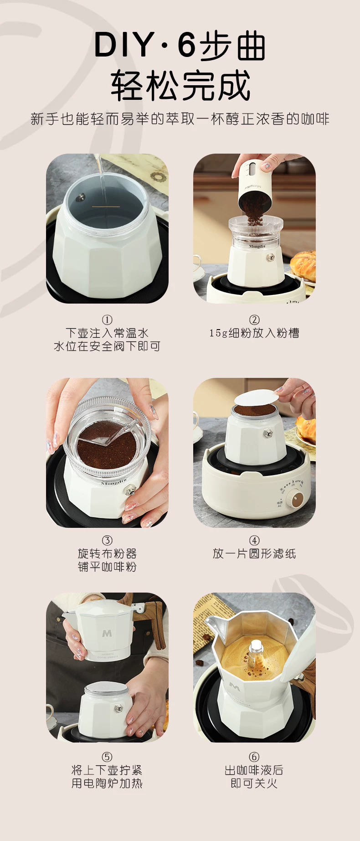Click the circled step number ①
point(107,320)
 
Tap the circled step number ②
point(254,320)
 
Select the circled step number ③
point(107,541)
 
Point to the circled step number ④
point(254,541)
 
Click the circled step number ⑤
point(107,757)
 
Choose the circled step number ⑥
point(254,757)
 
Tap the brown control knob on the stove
point(298,498)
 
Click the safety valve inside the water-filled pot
point(81,197)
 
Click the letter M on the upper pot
point(107,633)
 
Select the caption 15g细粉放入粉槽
point(254,333)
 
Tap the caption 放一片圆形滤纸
point(254,554)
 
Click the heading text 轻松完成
point(180,85)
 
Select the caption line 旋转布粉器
point(107,554)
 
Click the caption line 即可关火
point(254,784)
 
